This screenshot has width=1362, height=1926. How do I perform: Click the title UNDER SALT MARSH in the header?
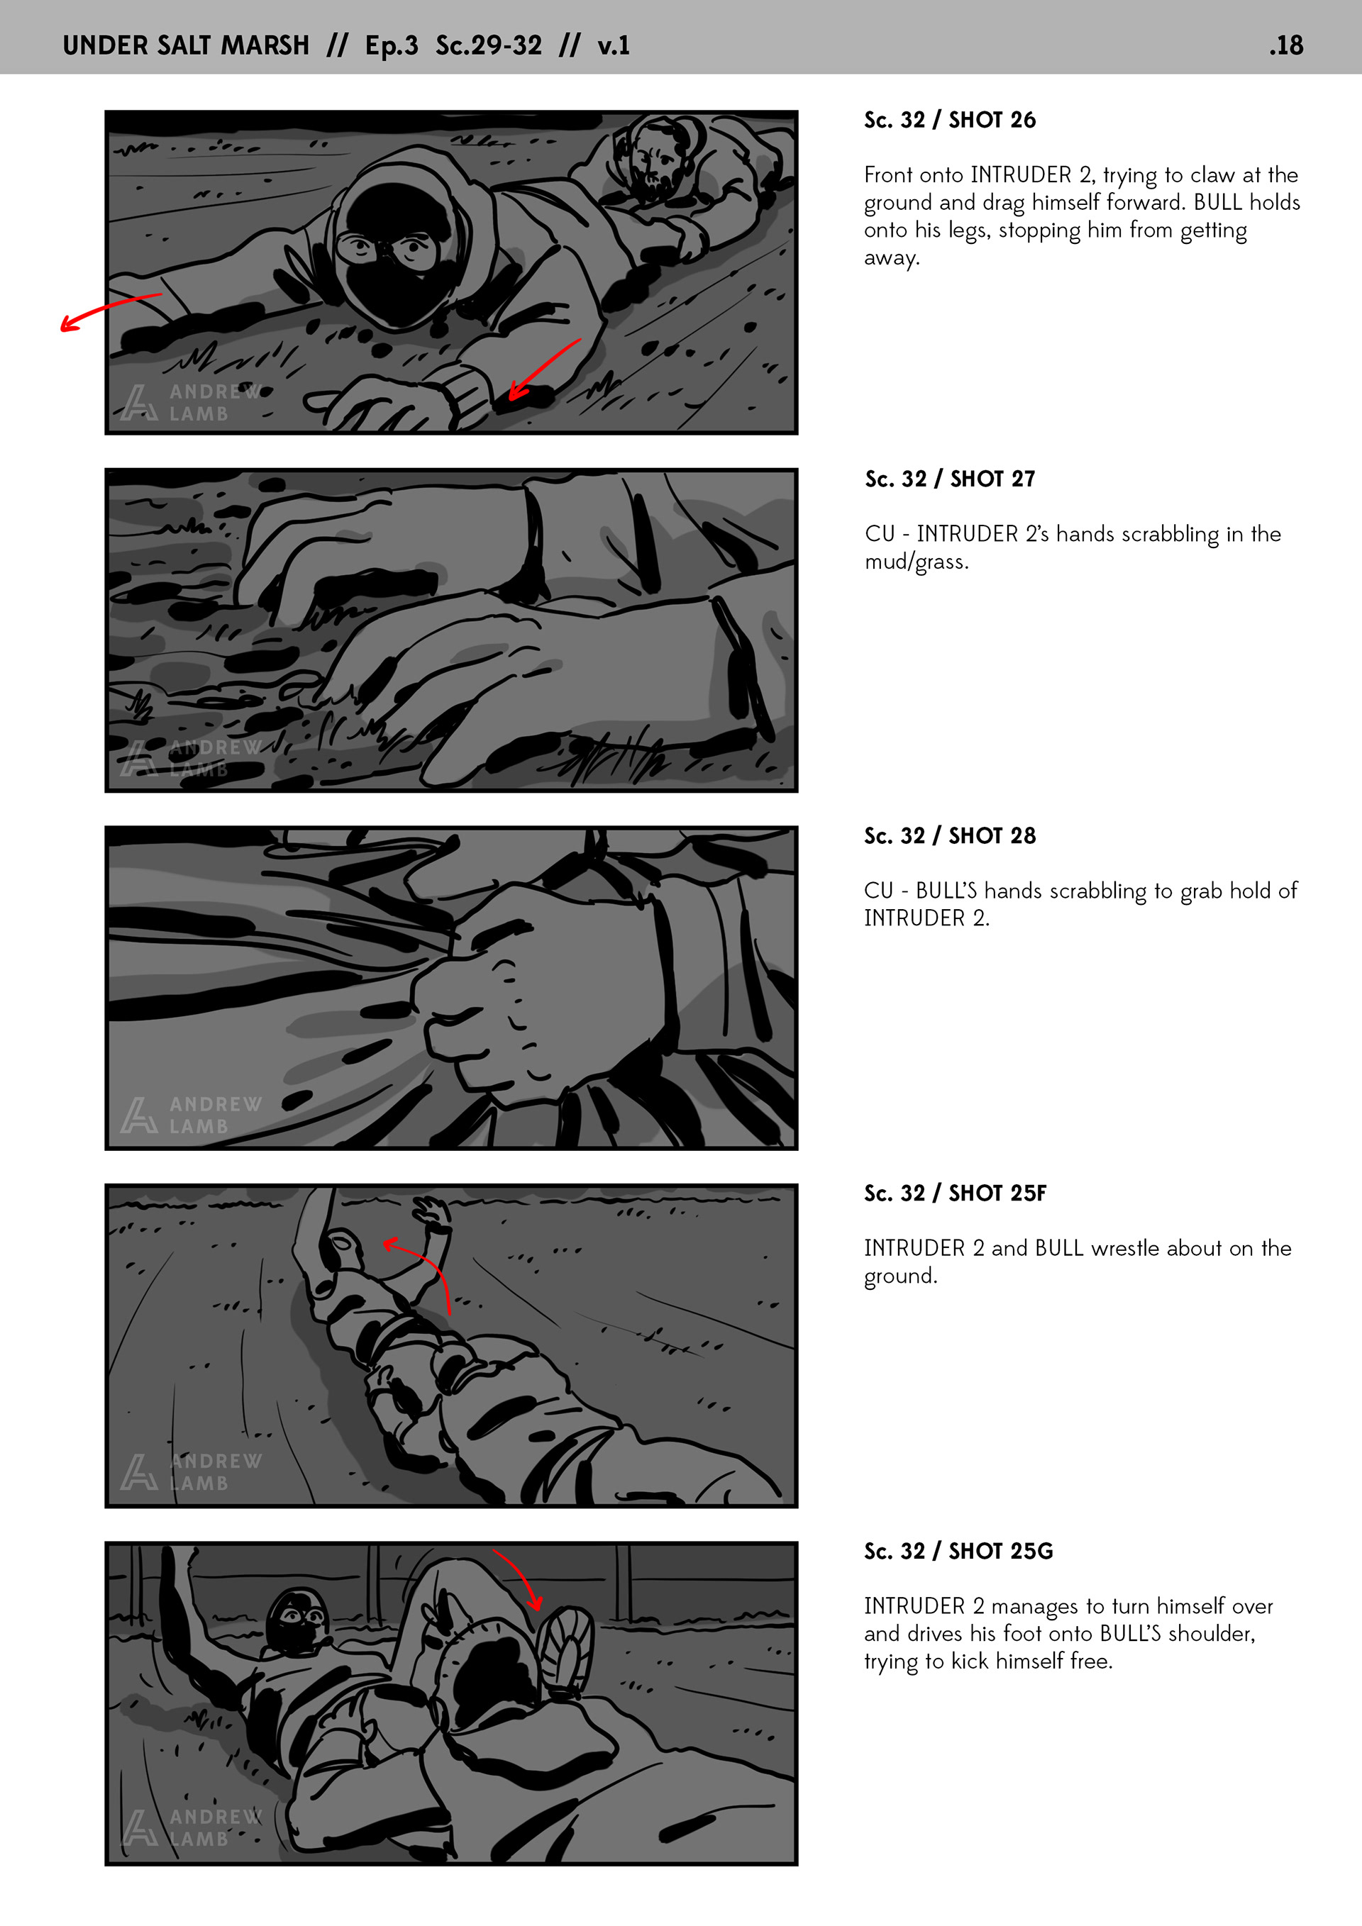pos(187,45)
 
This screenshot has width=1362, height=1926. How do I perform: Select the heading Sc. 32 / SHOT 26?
pos(950,120)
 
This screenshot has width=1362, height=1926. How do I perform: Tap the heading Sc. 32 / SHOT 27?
pos(950,479)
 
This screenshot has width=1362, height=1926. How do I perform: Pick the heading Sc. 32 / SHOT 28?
pos(950,835)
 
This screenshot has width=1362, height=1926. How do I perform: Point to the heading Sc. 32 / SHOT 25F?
pos(955,1193)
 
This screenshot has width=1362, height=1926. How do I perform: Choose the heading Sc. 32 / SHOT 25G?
pos(958,1551)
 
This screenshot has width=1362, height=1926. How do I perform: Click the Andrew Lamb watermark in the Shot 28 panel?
pos(191,1115)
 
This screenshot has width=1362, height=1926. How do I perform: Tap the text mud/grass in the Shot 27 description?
pos(917,562)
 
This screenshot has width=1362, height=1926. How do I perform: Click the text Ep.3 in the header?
pos(391,45)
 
